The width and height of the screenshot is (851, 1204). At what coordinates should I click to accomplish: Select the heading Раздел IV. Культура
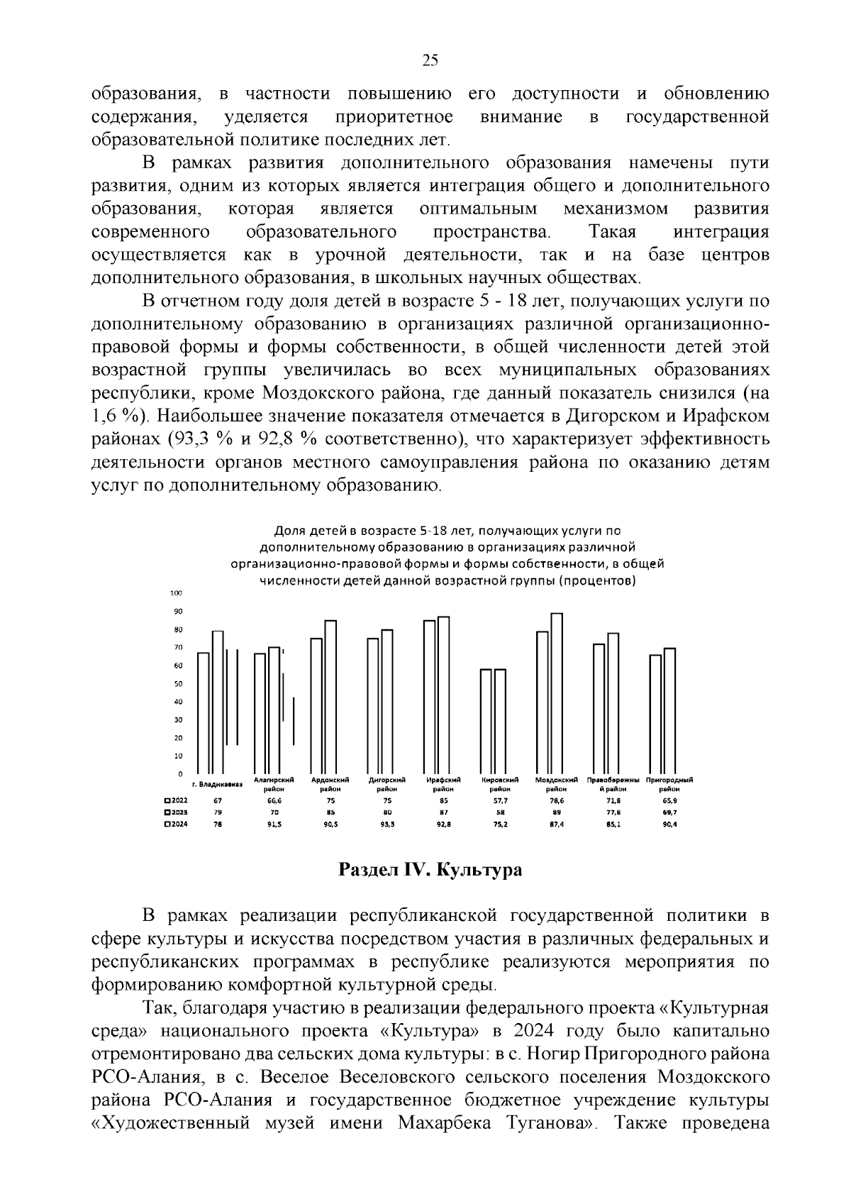click(x=430, y=870)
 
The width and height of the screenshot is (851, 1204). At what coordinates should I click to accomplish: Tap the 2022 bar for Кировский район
click(x=486, y=721)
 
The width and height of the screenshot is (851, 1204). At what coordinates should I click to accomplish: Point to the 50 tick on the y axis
click(x=178, y=684)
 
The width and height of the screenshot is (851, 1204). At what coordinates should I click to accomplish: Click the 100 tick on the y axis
click(x=177, y=593)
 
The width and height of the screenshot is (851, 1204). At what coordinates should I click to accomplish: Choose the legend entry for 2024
click(x=176, y=824)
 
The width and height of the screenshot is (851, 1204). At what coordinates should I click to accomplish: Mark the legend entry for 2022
click(x=176, y=800)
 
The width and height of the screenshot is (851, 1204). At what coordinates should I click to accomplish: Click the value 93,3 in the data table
click(x=386, y=824)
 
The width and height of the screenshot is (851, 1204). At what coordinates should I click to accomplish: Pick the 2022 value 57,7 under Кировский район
click(x=500, y=800)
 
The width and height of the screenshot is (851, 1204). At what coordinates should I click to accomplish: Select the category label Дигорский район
click(x=386, y=784)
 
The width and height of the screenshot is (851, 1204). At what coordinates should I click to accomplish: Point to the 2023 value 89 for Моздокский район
click(x=557, y=812)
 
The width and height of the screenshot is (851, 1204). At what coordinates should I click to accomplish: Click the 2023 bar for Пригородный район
click(x=669, y=711)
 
